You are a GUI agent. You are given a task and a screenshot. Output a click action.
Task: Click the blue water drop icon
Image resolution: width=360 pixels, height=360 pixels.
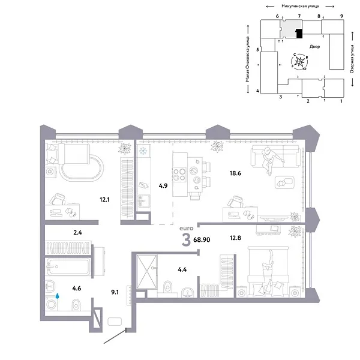pyautogui.click(x=58, y=296)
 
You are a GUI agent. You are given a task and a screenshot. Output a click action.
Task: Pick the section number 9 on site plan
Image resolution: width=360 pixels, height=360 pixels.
pyautogui.click(x=341, y=17)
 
